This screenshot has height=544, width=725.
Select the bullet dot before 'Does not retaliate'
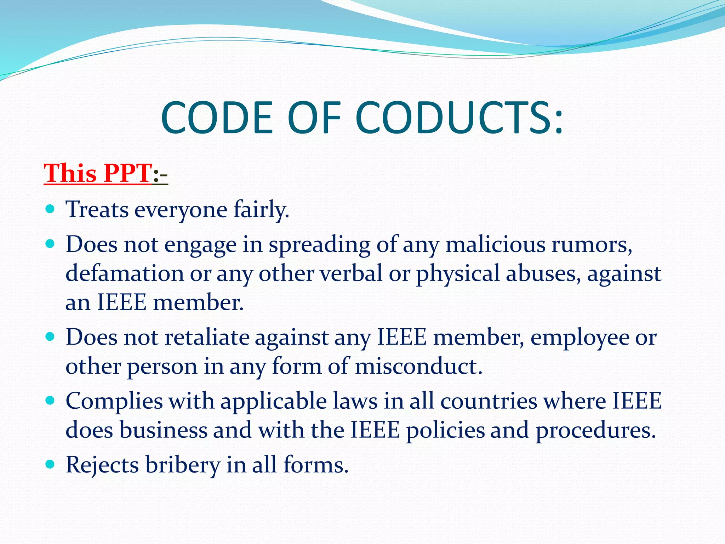[x=50, y=336]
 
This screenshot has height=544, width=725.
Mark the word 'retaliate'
[x=207, y=337]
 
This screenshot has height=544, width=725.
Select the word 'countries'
[x=489, y=401]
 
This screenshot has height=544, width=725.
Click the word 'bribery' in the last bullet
[x=183, y=465]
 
